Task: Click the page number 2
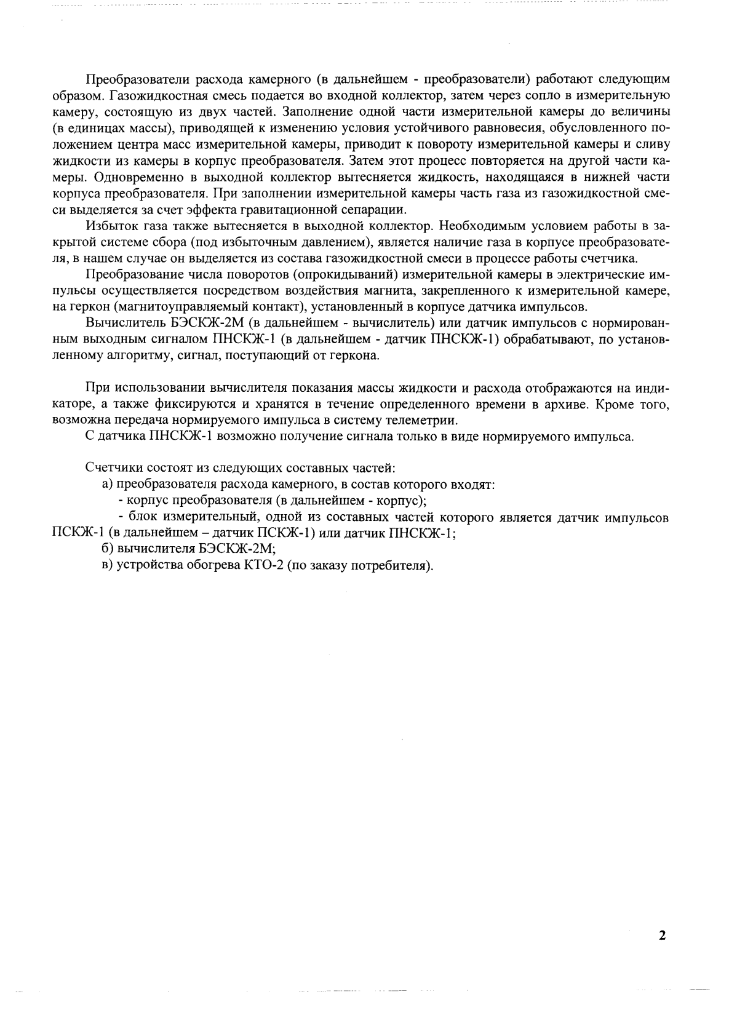tap(662, 936)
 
